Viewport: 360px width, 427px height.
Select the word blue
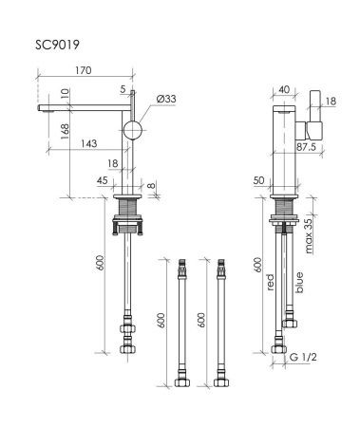pos(300,282)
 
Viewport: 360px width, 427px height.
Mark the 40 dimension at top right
pos(285,91)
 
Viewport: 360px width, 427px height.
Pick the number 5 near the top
pos(123,90)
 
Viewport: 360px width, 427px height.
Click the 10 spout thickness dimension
pos(63,94)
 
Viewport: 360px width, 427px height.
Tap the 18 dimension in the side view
pos(332,100)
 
